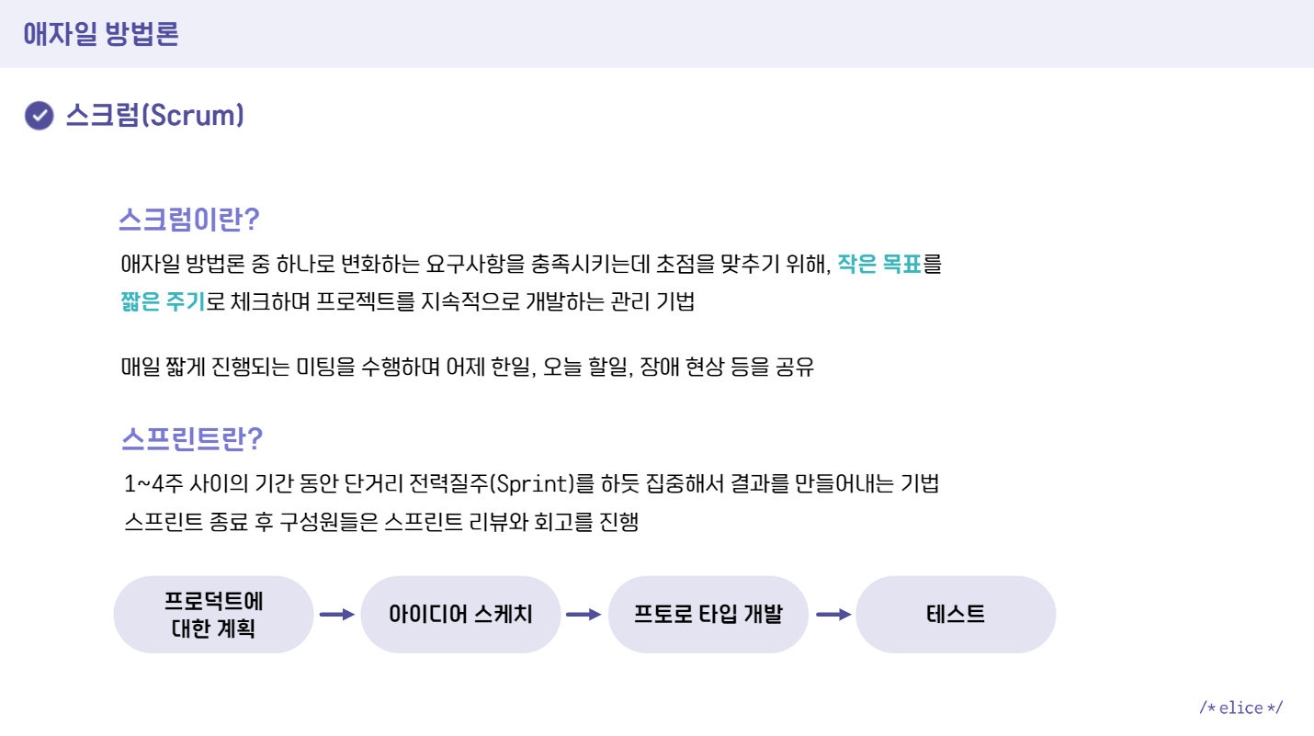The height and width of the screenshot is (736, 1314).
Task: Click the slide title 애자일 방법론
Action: pyautogui.click(x=101, y=34)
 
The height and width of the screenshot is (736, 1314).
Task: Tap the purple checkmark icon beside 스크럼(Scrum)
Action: pyautogui.click(x=39, y=116)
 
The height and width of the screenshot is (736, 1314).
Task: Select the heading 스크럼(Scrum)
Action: pyautogui.click(x=154, y=116)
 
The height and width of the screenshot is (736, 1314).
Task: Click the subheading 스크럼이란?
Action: pyautogui.click(x=189, y=221)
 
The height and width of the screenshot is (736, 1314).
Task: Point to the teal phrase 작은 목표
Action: pyautogui.click(x=878, y=266)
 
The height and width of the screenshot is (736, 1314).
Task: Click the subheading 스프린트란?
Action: pyautogui.click(x=192, y=438)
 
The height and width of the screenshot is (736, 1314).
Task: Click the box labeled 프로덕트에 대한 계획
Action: pyautogui.click(x=213, y=615)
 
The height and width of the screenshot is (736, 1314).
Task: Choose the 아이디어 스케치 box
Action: pyautogui.click(x=460, y=615)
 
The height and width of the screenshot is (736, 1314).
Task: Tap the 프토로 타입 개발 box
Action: pyautogui.click(x=708, y=615)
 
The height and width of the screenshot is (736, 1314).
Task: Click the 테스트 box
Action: pyautogui.click(x=956, y=615)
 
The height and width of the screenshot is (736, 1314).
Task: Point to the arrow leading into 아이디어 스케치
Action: pyautogui.click(x=336, y=615)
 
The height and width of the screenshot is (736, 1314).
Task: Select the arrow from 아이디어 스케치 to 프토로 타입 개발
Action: pyautogui.click(x=583, y=615)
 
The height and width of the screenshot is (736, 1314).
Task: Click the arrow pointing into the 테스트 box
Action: pyautogui.click(x=833, y=615)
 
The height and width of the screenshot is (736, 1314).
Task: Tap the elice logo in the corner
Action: pyautogui.click(x=1240, y=708)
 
